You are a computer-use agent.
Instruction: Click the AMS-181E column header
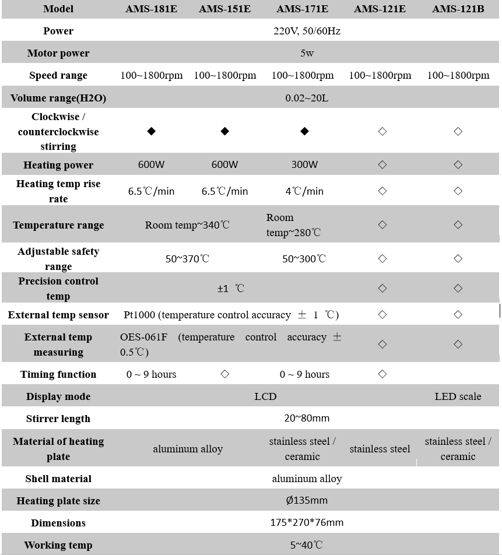tap(151, 9)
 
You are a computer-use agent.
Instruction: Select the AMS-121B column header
tap(458, 9)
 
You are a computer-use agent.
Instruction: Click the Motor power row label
tap(58, 53)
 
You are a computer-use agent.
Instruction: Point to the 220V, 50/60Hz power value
tap(307, 31)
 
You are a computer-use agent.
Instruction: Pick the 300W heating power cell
tap(304, 164)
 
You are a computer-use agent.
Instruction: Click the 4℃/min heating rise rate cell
tap(304, 191)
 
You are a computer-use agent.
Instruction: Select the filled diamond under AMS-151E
tap(225, 131)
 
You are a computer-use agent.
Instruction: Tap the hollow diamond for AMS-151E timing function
tap(225, 374)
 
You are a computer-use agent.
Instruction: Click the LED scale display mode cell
tap(458, 396)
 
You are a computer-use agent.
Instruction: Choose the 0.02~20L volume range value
tap(307, 98)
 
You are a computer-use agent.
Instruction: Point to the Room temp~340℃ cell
tap(187, 225)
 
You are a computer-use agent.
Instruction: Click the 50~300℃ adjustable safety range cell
tap(304, 259)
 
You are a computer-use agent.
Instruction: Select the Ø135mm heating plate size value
tap(307, 501)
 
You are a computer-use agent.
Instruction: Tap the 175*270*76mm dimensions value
tap(307, 523)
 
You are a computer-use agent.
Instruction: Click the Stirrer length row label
tap(58, 419)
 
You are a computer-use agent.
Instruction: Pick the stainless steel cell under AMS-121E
tap(380, 449)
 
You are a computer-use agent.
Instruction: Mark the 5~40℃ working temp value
tap(307, 545)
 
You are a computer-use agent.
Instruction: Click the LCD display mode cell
tap(265, 396)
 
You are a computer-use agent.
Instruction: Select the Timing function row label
tap(58, 374)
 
